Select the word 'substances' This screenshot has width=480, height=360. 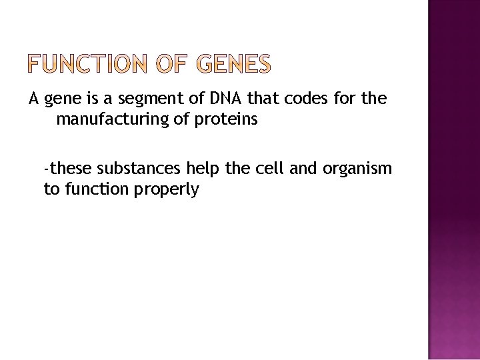click(133, 169)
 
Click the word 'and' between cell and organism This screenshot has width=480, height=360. click(303, 169)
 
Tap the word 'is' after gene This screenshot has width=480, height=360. click(92, 100)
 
